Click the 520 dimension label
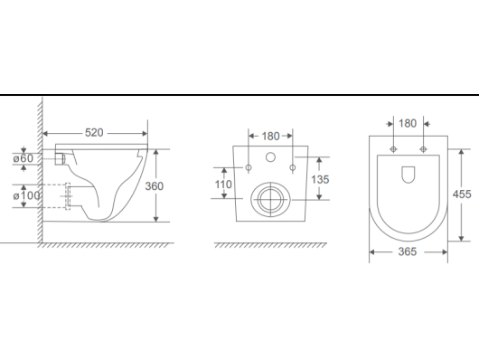coord(94,133)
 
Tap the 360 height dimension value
coord(155,186)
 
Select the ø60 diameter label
coord(23,158)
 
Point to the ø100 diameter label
coord(26,195)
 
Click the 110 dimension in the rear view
coord(223,185)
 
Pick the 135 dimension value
coord(320,179)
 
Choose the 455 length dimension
coord(462,194)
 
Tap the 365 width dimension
coord(408,251)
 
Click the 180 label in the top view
coord(408,124)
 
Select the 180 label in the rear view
coord(270,137)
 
